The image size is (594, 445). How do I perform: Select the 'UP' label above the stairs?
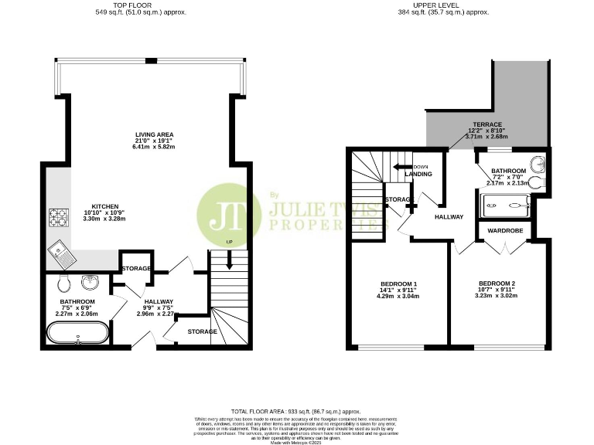coord(229,243)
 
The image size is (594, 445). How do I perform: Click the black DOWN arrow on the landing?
coord(401,166)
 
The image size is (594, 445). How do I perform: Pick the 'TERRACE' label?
coord(488,124)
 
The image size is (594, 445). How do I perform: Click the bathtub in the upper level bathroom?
coord(504,206)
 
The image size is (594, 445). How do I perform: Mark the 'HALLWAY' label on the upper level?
coord(448,217)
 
